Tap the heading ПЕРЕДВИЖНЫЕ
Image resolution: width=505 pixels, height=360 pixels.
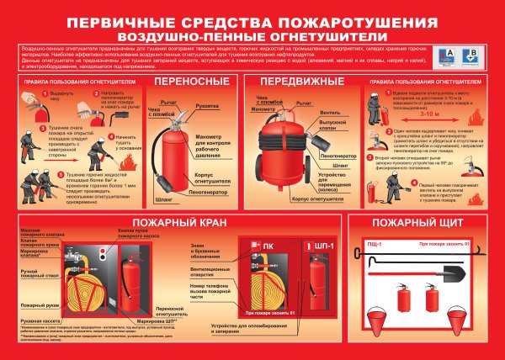pos(295,82)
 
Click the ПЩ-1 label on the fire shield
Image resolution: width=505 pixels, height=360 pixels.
pos(373,244)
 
